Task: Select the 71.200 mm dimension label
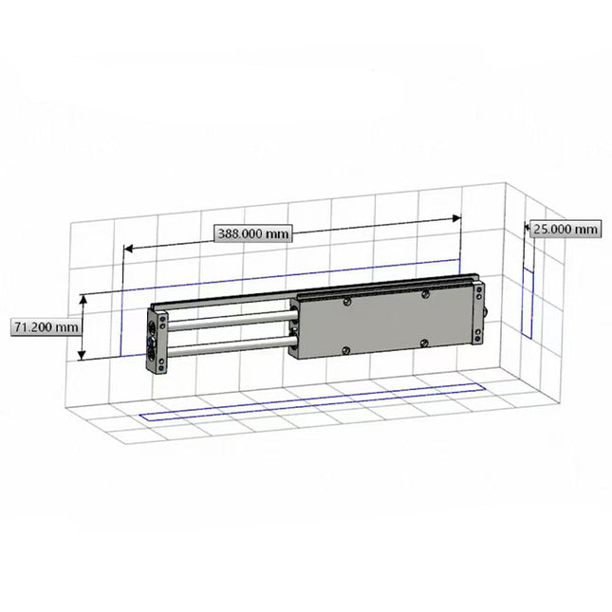[45, 326]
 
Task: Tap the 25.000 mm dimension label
[566, 229]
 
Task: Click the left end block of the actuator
[157, 340]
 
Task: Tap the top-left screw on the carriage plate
[349, 302]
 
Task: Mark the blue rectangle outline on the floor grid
[313, 402]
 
